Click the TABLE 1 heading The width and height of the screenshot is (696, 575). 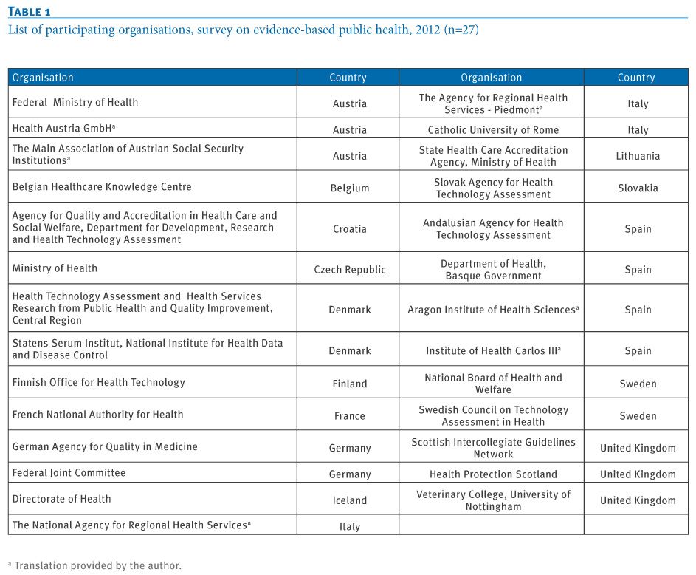(x=30, y=12)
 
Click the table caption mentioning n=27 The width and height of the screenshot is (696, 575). (x=244, y=30)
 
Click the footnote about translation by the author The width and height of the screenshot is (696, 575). (x=95, y=565)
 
